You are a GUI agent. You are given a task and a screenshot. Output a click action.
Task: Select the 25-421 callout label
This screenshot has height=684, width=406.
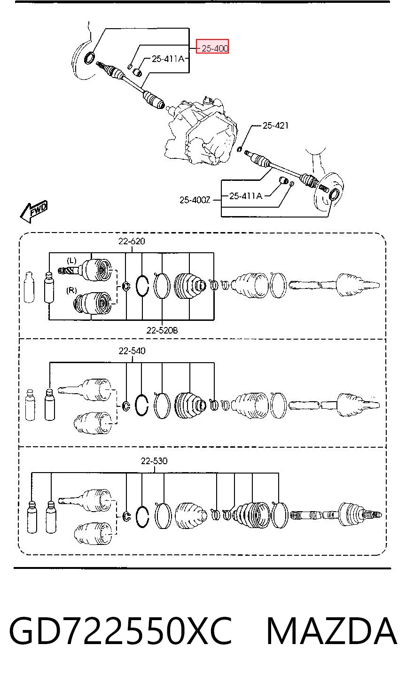pos(275,125)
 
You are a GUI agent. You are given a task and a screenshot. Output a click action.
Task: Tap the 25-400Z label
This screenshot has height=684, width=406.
pos(195,200)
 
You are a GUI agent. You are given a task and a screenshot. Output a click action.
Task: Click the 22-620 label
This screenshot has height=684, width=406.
pos(132,241)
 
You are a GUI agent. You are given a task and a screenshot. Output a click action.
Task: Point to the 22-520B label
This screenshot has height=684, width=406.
pos(162,330)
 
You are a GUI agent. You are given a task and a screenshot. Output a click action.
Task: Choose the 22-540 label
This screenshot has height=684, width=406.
pos(132,351)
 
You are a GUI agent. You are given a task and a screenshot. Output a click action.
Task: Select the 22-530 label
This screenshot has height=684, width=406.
pos(154,461)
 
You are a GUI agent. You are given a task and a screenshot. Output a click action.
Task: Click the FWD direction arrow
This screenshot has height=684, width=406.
pos(34,211)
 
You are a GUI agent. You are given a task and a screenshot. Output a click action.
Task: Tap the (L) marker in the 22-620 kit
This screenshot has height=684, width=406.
pos(71,260)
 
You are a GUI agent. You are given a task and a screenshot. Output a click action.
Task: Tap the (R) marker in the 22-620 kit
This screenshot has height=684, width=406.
pos(71,290)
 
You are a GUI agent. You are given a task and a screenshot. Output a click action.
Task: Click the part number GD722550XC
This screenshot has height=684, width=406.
pos(121,631)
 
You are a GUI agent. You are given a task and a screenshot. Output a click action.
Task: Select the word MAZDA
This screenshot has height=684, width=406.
pos(332,631)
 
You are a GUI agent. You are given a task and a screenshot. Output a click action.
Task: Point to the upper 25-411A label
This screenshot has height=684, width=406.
pos(168,59)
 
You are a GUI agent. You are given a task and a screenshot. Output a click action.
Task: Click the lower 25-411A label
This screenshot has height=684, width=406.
pos(246,196)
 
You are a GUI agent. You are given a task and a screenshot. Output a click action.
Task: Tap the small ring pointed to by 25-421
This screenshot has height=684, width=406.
pos(240,149)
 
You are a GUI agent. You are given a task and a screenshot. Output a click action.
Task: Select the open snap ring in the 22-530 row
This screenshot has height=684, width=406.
pos(142,516)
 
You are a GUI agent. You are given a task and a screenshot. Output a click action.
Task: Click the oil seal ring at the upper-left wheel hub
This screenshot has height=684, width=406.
pos(90,58)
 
